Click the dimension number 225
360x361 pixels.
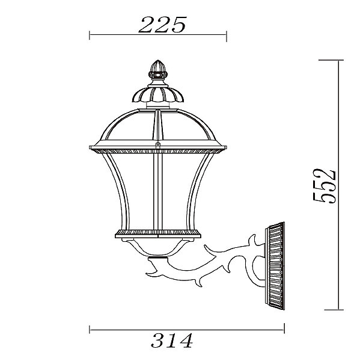tap(162, 25)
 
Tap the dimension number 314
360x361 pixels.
tap(172, 341)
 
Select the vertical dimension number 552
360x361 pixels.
tap(325, 186)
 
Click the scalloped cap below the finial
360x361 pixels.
tap(158, 94)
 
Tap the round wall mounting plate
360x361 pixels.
tap(275, 266)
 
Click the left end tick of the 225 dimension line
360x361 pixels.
tap(90, 35)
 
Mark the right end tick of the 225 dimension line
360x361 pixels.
tap(227, 35)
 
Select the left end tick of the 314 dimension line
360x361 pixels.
tap(90, 330)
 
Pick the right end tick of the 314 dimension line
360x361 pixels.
tap(284, 329)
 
